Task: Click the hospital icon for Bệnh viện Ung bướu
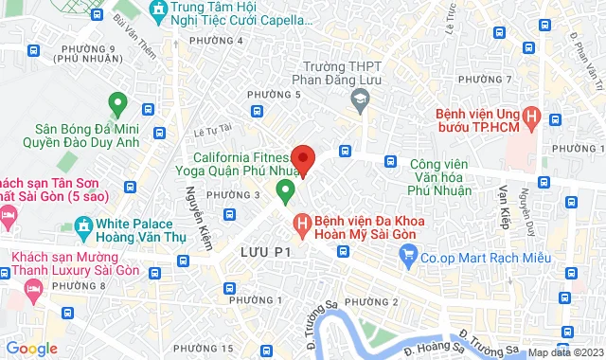(533, 118)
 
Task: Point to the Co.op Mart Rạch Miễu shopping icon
(409, 253)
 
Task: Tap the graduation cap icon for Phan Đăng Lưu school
(360, 97)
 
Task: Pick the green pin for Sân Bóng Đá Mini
(117, 102)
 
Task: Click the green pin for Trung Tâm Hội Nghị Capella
(157, 11)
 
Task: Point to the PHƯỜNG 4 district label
(216, 41)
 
